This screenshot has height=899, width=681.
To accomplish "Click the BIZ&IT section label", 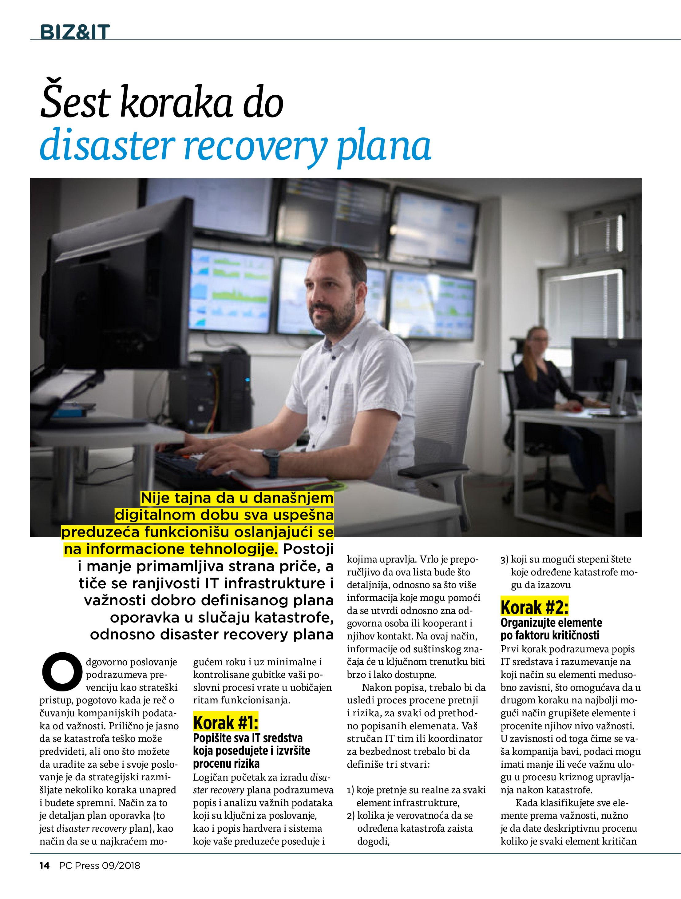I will click(75, 32).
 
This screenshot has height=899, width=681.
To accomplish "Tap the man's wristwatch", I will click(271, 463).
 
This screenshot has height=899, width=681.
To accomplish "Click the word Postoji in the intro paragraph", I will click(308, 549).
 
